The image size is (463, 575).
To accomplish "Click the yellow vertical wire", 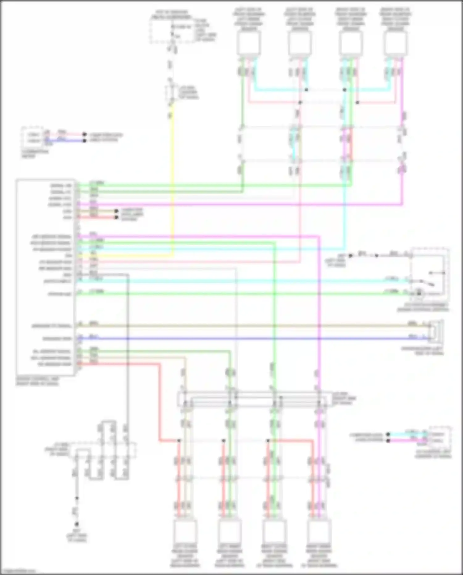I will (x=172, y=185).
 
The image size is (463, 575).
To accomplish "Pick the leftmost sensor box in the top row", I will (x=249, y=43).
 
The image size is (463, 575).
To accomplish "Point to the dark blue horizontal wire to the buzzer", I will (x=247, y=339).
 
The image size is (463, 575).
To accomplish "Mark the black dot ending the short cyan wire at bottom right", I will (x=388, y=434).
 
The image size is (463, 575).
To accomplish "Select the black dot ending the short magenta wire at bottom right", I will (x=388, y=441).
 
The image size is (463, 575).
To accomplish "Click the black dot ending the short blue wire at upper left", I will (x=84, y=141).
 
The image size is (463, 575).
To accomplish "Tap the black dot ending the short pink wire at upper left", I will (x=84, y=135).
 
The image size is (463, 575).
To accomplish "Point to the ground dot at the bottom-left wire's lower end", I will (x=77, y=524).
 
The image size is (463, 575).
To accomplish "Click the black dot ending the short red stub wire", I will (x=116, y=218).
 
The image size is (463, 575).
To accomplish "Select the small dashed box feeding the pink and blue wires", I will (x=32, y=137).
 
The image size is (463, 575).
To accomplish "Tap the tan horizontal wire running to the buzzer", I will (x=247, y=326).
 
